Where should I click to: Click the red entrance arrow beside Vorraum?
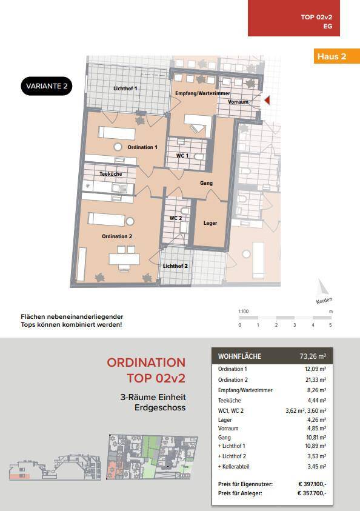pos(267,101)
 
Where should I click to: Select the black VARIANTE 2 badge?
pos(47,86)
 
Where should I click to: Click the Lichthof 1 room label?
pos(125,89)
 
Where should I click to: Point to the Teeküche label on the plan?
pos(111,174)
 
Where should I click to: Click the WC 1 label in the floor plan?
pos(182,156)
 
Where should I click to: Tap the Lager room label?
pos(210,223)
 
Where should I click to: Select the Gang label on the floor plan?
pos(206,183)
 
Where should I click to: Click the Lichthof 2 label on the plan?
pos(175,266)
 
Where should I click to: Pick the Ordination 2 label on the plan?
pos(117,236)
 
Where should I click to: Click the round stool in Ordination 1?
pos(118,147)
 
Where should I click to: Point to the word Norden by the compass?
pos(324,301)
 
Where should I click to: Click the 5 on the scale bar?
pos(330,325)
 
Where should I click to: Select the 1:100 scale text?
pos(244,311)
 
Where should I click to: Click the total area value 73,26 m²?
pos(313,356)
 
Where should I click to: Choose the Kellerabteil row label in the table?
pos(234,466)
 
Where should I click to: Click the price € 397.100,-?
pos(312,484)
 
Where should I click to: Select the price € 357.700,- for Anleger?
pos(312,493)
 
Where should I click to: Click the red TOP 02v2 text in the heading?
pos(156,378)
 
